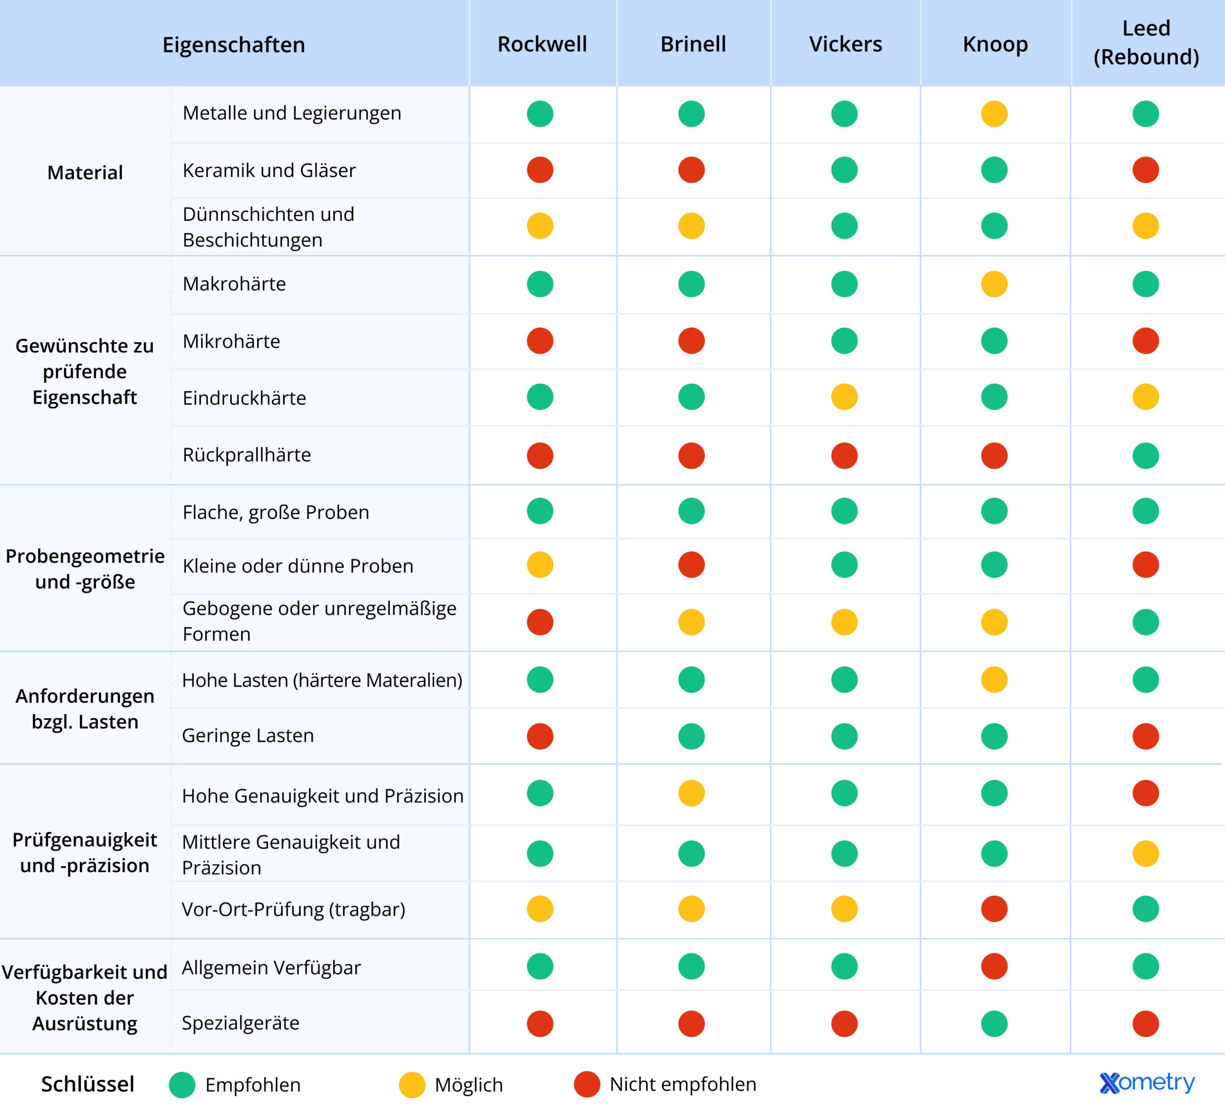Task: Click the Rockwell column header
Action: pyautogui.click(x=542, y=44)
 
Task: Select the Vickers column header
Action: pyautogui.click(x=845, y=44)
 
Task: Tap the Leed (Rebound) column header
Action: pyautogui.click(x=1146, y=43)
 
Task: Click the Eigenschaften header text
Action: pyautogui.click(x=234, y=45)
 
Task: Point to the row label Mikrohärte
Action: pyautogui.click(x=232, y=341)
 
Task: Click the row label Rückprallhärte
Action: pyautogui.click(x=247, y=455)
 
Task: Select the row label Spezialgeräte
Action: pyautogui.click(x=241, y=1023)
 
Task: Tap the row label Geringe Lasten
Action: pyautogui.click(x=248, y=735)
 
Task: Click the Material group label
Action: pyautogui.click(x=85, y=173)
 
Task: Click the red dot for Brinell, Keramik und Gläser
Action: pyautogui.click(x=691, y=170)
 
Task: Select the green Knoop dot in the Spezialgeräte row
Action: pyautogui.click(x=994, y=1023)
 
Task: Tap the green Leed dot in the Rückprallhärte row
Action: pyautogui.click(x=1146, y=455)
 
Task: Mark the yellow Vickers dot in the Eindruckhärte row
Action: pyautogui.click(x=844, y=397)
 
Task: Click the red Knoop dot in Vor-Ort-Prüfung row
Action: pyautogui.click(x=994, y=909)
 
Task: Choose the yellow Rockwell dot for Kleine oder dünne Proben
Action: pyautogui.click(x=540, y=565)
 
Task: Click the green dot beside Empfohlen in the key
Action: pyautogui.click(x=182, y=1085)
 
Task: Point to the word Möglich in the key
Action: pyautogui.click(x=468, y=1085)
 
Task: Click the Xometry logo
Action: pyautogui.click(x=1147, y=1083)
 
